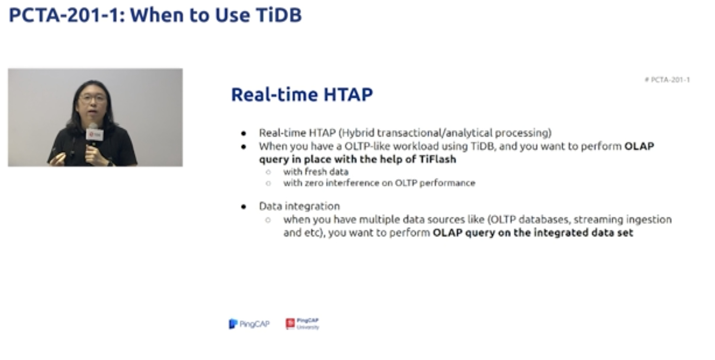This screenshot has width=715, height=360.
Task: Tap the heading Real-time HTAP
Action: (302, 95)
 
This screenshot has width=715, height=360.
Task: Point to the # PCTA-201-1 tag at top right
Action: (667, 79)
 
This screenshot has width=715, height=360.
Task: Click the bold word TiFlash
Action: (437, 159)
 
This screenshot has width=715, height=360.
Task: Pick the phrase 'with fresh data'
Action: (316, 172)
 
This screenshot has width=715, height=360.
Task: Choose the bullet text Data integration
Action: (299, 206)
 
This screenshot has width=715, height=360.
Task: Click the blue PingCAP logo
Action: (249, 324)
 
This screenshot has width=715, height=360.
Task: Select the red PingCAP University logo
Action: (302, 324)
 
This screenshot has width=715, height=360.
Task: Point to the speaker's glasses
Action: (92, 98)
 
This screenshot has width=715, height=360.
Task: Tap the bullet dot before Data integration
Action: (244, 207)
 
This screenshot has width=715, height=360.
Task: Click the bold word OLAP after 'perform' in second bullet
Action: (639, 146)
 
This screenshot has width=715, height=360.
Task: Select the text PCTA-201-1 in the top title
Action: (64, 15)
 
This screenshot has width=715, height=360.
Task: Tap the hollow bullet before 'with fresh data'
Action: (268, 172)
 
